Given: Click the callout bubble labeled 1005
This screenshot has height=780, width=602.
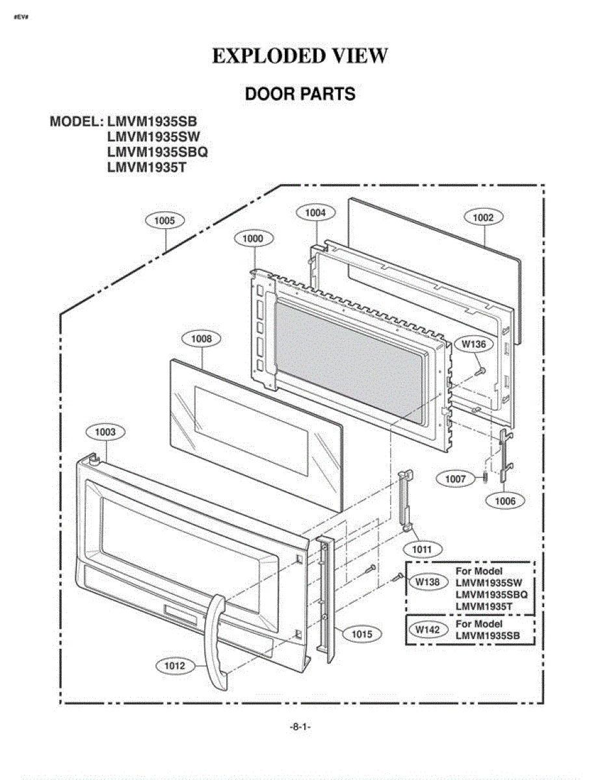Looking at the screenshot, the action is tap(164, 220).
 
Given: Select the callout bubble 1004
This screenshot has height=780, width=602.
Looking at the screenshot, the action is tap(315, 213).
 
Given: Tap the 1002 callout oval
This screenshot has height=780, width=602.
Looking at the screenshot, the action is tap(484, 217).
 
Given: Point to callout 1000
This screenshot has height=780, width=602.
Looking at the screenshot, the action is tap(254, 239).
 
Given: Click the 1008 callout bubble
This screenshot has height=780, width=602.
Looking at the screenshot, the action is tap(202, 339).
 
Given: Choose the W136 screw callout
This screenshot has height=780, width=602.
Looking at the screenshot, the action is tap(474, 344).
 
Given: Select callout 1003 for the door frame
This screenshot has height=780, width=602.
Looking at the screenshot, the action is tap(105, 432).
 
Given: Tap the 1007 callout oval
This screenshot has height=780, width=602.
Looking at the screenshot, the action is tap(456, 478).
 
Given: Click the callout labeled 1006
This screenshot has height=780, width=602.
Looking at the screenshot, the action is tap(505, 500).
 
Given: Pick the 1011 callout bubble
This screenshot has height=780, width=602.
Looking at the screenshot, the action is tap(422, 549).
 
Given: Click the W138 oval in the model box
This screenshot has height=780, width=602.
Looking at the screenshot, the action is tap(428, 582).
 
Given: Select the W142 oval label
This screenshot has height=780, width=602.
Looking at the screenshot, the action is tap(428, 629).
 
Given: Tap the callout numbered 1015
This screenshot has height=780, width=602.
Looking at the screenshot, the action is tap(362, 634).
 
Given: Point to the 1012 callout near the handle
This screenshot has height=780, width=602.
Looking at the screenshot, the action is tap(175, 666).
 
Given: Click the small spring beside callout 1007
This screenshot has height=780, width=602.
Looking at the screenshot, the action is tap(485, 478).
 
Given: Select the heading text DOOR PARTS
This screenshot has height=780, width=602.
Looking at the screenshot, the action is tap(300, 94).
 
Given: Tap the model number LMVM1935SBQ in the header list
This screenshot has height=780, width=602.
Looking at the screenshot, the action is tap(157, 152).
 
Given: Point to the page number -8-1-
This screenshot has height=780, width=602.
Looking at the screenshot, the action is tap(300, 727).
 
